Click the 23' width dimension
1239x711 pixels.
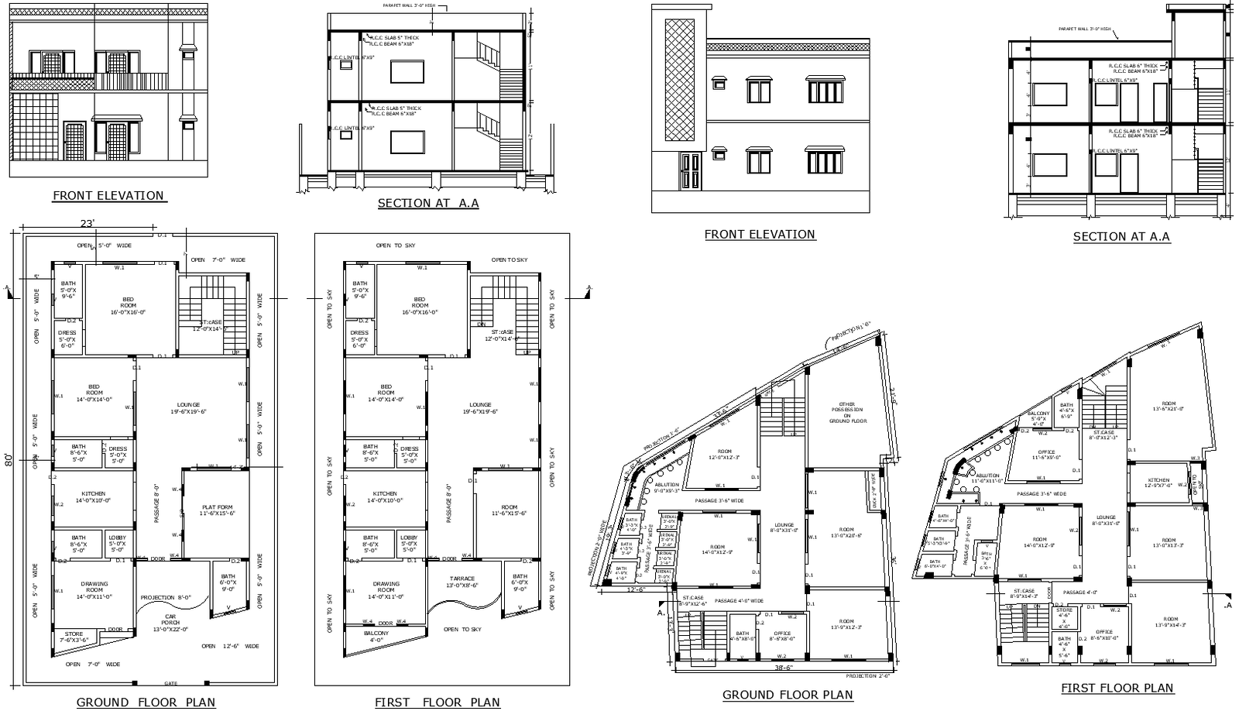point(88,224)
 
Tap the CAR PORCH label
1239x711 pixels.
point(170,620)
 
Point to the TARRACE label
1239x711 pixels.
point(462,582)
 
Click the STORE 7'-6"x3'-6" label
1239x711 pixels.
point(74,637)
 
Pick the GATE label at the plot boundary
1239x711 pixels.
point(170,683)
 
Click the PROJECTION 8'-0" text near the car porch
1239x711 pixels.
point(164,598)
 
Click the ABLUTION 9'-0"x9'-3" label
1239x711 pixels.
point(667,487)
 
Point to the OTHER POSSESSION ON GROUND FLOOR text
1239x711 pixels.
point(846,413)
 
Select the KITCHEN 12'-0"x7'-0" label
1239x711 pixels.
point(1159,483)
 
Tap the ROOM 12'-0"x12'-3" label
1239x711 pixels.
point(724,454)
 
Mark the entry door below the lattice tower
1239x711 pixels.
point(691,171)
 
